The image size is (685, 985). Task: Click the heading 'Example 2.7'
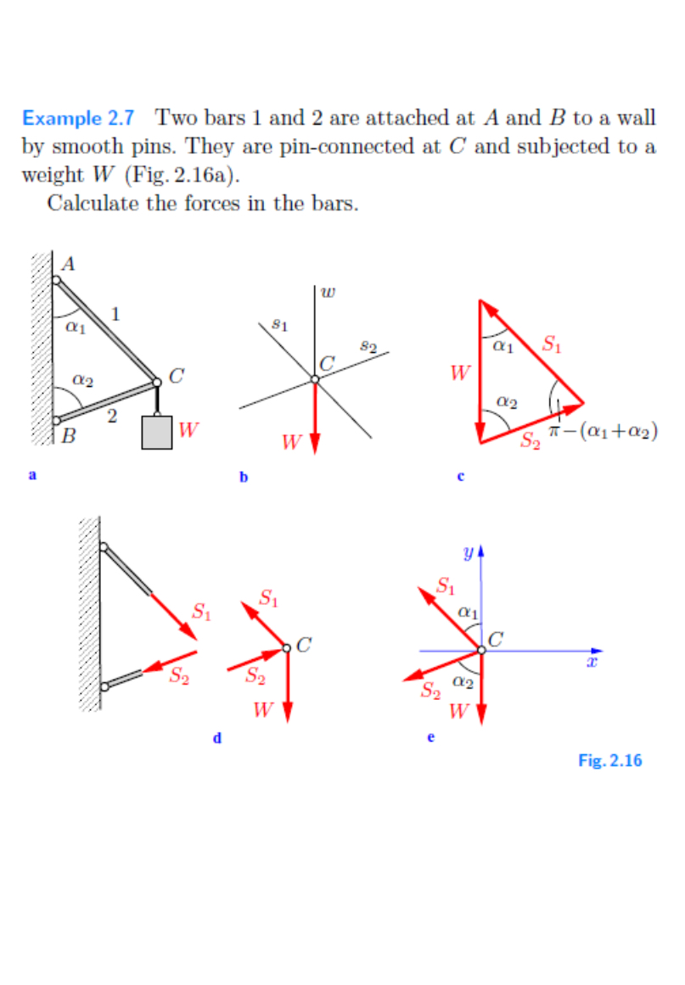pos(77,118)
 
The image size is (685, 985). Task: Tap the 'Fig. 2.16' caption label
pos(609,760)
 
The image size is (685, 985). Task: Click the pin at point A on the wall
pos(56,280)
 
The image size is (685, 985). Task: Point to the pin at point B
pos(56,419)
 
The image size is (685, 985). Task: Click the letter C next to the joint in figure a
pos(177,376)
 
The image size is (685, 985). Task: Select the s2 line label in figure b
pos(368,345)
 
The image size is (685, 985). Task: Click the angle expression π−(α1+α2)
pos(604,431)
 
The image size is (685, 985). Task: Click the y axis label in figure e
pos(468,552)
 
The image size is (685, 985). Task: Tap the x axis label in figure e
pos(592,661)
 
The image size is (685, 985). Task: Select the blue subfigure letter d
pos(217,738)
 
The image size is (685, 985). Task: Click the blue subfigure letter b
pos(243,478)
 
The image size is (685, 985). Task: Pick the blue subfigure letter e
pos(430,738)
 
